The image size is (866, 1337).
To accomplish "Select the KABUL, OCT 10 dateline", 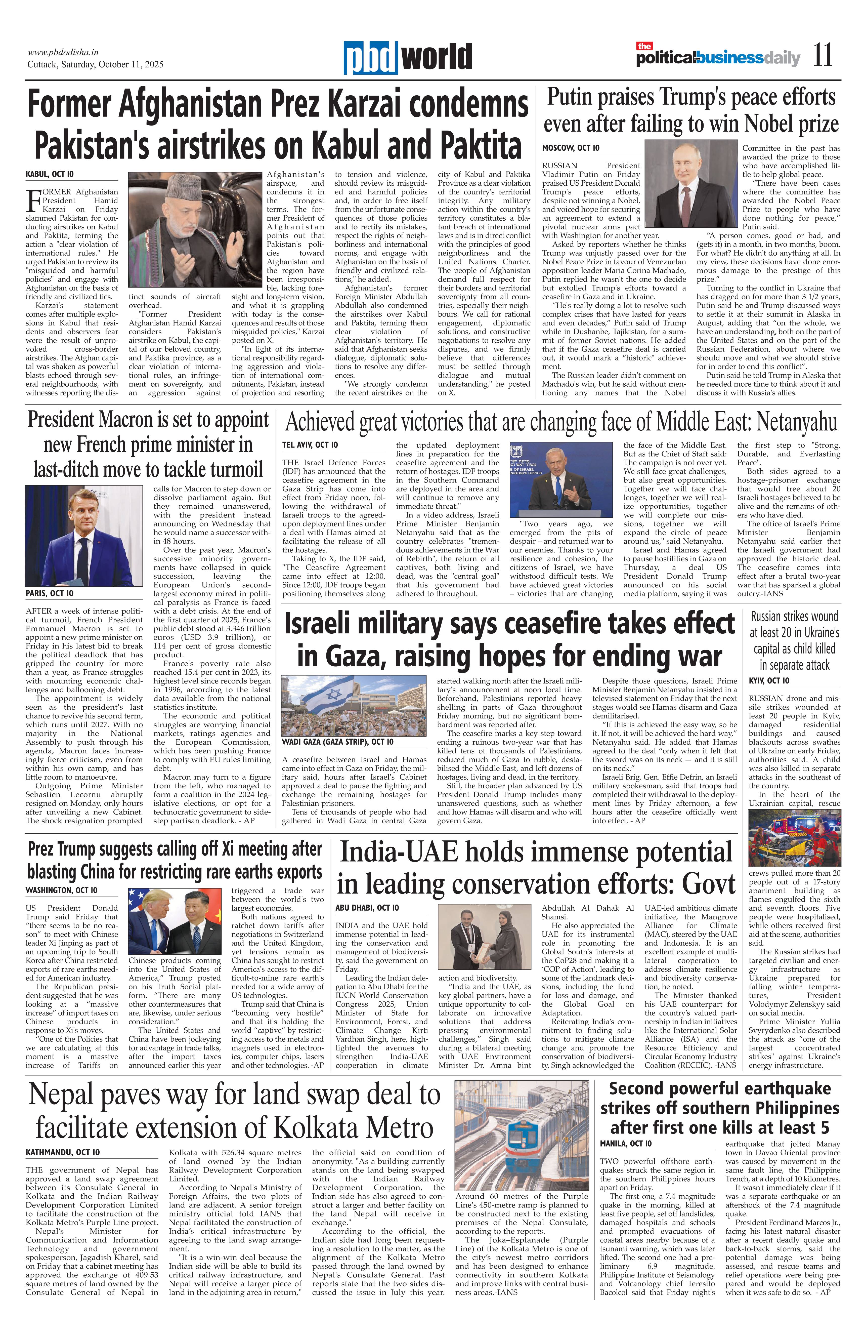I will pyautogui.click(x=50, y=174).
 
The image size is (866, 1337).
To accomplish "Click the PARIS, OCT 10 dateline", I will pyautogui.click(x=50, y=593).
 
